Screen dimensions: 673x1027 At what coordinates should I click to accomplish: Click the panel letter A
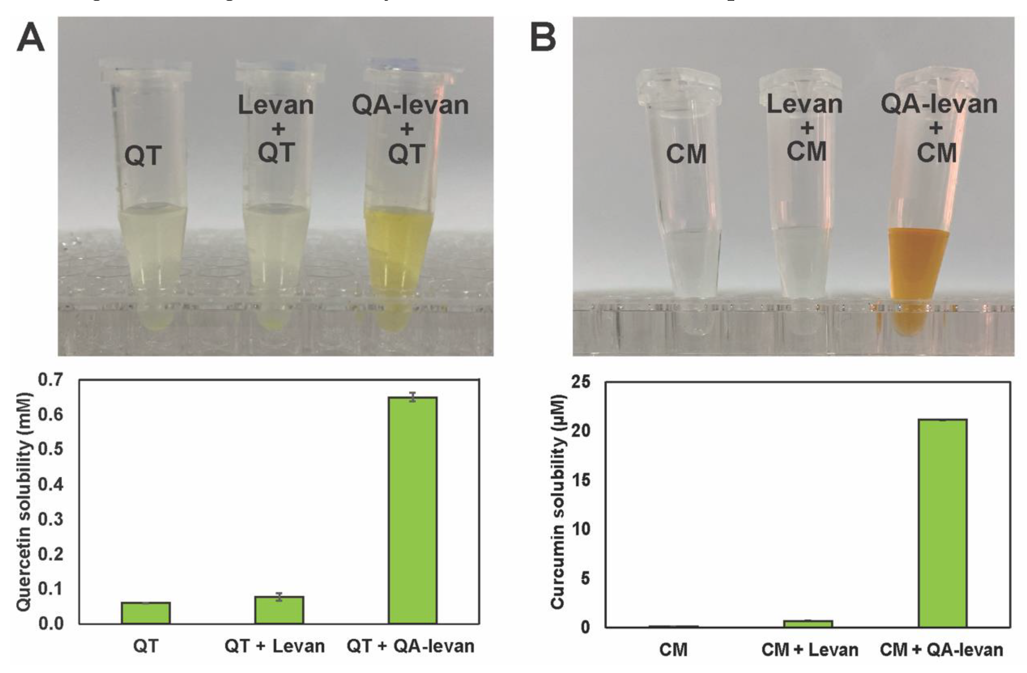click(x=30, y=38)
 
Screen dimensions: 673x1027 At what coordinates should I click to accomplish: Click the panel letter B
click(x=543, y=38)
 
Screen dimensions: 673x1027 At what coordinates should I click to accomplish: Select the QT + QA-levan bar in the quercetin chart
click(x=413, y=509)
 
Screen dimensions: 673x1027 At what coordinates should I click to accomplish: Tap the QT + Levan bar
click(x=279, y=610)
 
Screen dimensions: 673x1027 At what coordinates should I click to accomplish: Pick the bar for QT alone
click(x=146, y=613)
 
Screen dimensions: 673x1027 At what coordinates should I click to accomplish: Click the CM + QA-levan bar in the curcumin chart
click(x=943, y=523)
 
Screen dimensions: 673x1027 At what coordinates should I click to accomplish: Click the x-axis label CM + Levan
click(x=809, y=650)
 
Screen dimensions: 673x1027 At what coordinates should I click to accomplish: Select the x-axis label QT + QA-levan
click(x=411, y=646)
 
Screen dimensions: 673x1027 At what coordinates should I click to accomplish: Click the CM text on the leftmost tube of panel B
click(x=686, y=155)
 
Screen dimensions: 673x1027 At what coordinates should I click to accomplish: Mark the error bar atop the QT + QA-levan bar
click(x=413, y=397)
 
